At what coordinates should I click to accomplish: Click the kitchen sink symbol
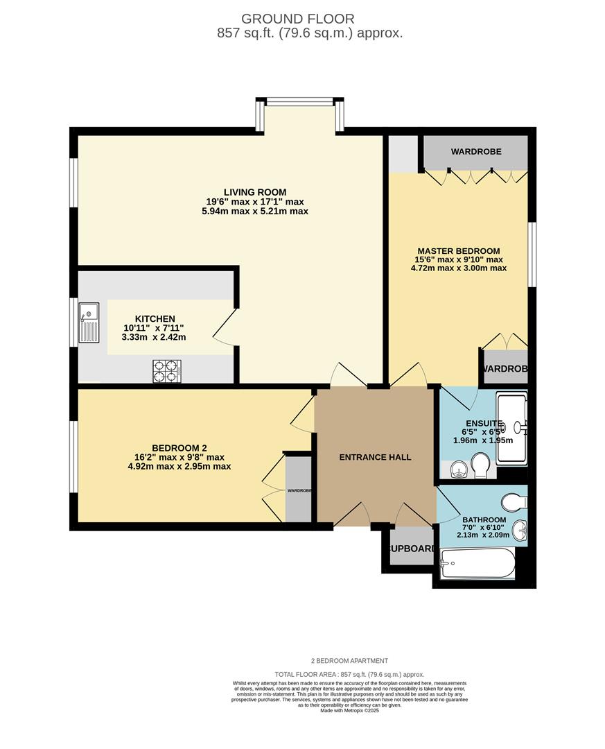[90, 323]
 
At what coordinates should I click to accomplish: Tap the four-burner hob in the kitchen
[167, 371]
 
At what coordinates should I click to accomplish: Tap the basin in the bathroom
[521, 531]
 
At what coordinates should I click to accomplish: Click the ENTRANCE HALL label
[375, 457]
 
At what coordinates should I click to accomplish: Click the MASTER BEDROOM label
[458, 251]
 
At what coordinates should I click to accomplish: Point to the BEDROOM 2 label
[179, 448]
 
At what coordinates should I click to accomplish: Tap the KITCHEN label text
[155, 319]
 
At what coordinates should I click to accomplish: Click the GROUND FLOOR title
[297, 19]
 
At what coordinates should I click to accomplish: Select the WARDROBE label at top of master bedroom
[475, 151]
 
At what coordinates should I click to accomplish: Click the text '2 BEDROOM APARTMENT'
[349, 661]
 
